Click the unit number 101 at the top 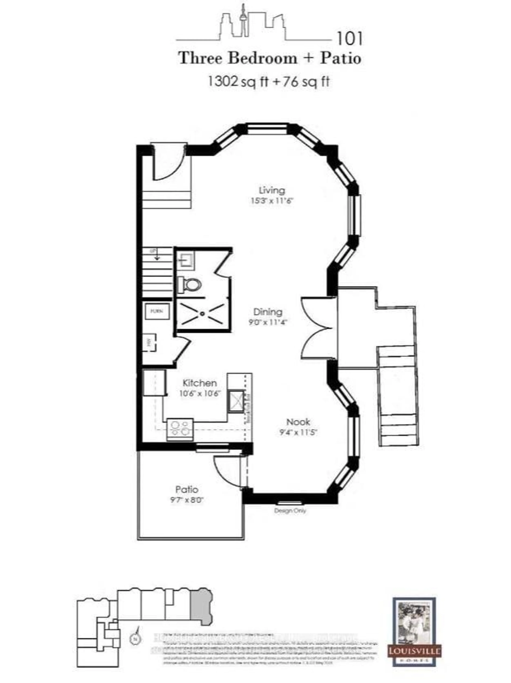click(x=349, y=39)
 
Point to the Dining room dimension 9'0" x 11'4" click(x=268, y=322)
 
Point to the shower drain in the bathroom click(x=202, y=313)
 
